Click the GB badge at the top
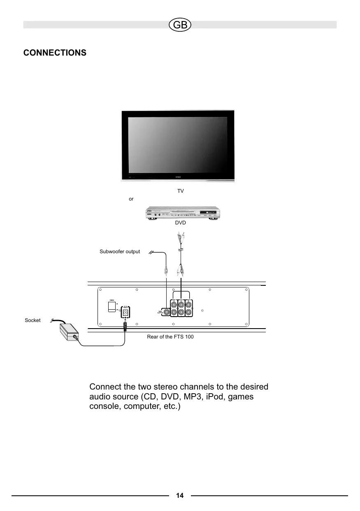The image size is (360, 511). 180,25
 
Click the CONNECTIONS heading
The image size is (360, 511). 55,53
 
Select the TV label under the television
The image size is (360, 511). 180,191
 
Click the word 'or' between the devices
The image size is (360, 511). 131,199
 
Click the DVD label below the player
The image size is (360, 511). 181,223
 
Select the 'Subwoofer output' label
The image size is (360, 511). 120,251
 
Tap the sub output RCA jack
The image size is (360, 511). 166,312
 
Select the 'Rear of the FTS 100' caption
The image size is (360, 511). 170,337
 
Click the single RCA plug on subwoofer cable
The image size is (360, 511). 166,270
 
